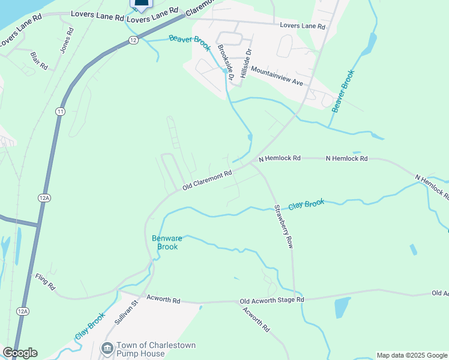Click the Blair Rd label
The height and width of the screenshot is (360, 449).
(x=38, y=61)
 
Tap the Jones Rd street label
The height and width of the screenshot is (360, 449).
(x=67, y=40)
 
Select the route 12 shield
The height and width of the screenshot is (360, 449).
(x=133, y=40)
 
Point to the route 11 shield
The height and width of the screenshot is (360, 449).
(x=60, y=112)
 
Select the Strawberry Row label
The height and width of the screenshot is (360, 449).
(x=283, y=227)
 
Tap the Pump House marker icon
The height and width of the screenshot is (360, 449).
(x=107, y=348)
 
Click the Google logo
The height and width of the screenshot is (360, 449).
(x=20, y=353)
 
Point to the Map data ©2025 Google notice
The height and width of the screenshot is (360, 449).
(x=412, y=355)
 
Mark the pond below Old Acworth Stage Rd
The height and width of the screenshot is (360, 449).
(x=342, y=307)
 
